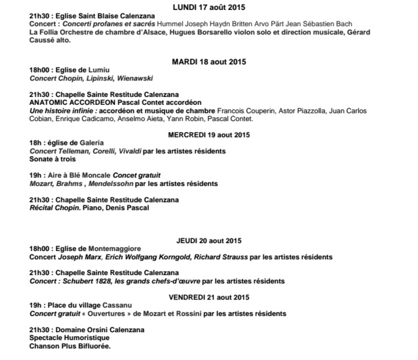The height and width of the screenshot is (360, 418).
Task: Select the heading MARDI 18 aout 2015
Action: point(209,62)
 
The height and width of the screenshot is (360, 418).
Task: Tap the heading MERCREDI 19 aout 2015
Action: point(209,135)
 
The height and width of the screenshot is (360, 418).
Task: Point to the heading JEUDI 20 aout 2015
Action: point(209,240)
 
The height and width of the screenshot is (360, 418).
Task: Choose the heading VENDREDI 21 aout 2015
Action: point(209,296)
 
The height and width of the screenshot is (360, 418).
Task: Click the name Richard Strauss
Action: point(239,256)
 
